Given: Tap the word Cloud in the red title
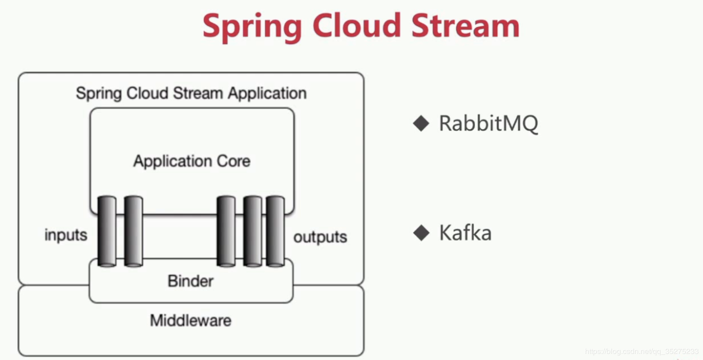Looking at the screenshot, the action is pyautogui.click(x=357, y=26).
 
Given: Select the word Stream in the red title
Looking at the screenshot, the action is pyautogui.click(x=465, y=26).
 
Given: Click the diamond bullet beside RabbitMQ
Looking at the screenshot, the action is pyautogui.click(x=421, y=123).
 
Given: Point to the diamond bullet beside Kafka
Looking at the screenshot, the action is pyautogui.click(x=421, y=233).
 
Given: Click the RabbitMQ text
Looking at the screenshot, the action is pyautogui.click(x=489, y=124).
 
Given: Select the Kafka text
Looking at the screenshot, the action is pyautogui.click(x=465, y=233).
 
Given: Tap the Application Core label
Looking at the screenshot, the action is pyautogui.click(x=192, y=161).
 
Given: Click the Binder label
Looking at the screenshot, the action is pyautogui.click(x=191, y=281).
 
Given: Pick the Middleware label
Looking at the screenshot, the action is pyautogui.click(x=191, y=320).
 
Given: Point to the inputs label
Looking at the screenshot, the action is pyautogui.click(x=66, y=235).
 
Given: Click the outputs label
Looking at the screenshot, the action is pyautogui.click(x=320, y=236).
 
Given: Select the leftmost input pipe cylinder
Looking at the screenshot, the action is pyautogui.click(x=107, y=232).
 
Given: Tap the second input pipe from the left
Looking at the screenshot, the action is pyautogui.click(x=133, y=232).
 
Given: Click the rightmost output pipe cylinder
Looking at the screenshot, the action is pyautogui.click(x=275, y=232).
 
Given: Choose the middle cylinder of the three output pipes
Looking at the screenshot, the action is pyautogui.click(x=253, y=232).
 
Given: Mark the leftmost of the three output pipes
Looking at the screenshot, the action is pyautogui.click(x=226, y=232).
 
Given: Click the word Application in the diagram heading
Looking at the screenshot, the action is pyautogui.click(x=267, y=94).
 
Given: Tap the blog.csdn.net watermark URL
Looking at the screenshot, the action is pyautogui.click(x=641, y=352).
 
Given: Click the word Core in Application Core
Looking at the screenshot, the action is pyautogui.click(x=234, y=161).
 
